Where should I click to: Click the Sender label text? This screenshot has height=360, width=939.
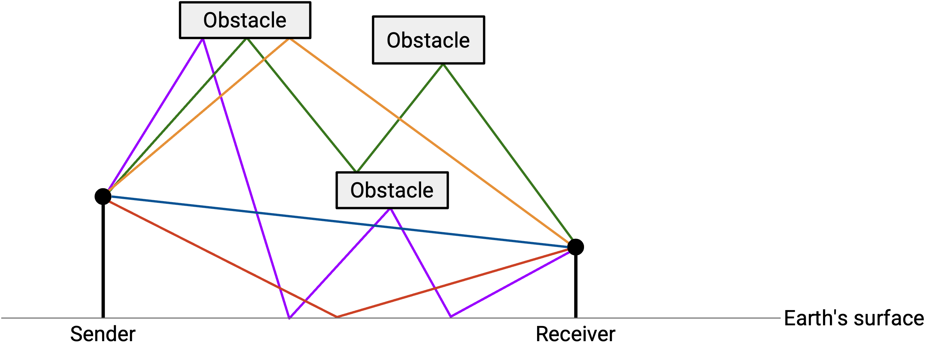pos(103,334)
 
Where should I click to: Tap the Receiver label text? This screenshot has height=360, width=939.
pos(575,334)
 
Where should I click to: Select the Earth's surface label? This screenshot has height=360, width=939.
pos(854,318)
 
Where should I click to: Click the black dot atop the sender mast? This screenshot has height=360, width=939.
pos(103,197)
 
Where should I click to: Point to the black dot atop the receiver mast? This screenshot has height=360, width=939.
pos(575,247)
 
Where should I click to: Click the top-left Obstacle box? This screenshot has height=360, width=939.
pos(245,20)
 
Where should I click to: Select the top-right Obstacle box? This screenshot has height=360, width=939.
pos(428,40)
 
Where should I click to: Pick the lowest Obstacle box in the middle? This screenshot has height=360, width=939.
pos(392,190)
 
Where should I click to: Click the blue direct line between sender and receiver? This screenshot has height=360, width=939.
pos(339,222)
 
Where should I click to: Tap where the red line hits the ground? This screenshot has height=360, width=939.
pos(337,317)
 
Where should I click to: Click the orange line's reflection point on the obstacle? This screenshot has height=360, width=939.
pos(290,39)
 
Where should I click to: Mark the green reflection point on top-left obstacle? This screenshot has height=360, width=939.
pos(247,39)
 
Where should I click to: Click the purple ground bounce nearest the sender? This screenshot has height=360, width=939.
pos(290,318)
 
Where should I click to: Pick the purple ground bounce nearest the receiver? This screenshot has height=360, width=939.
pos(451,317)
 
